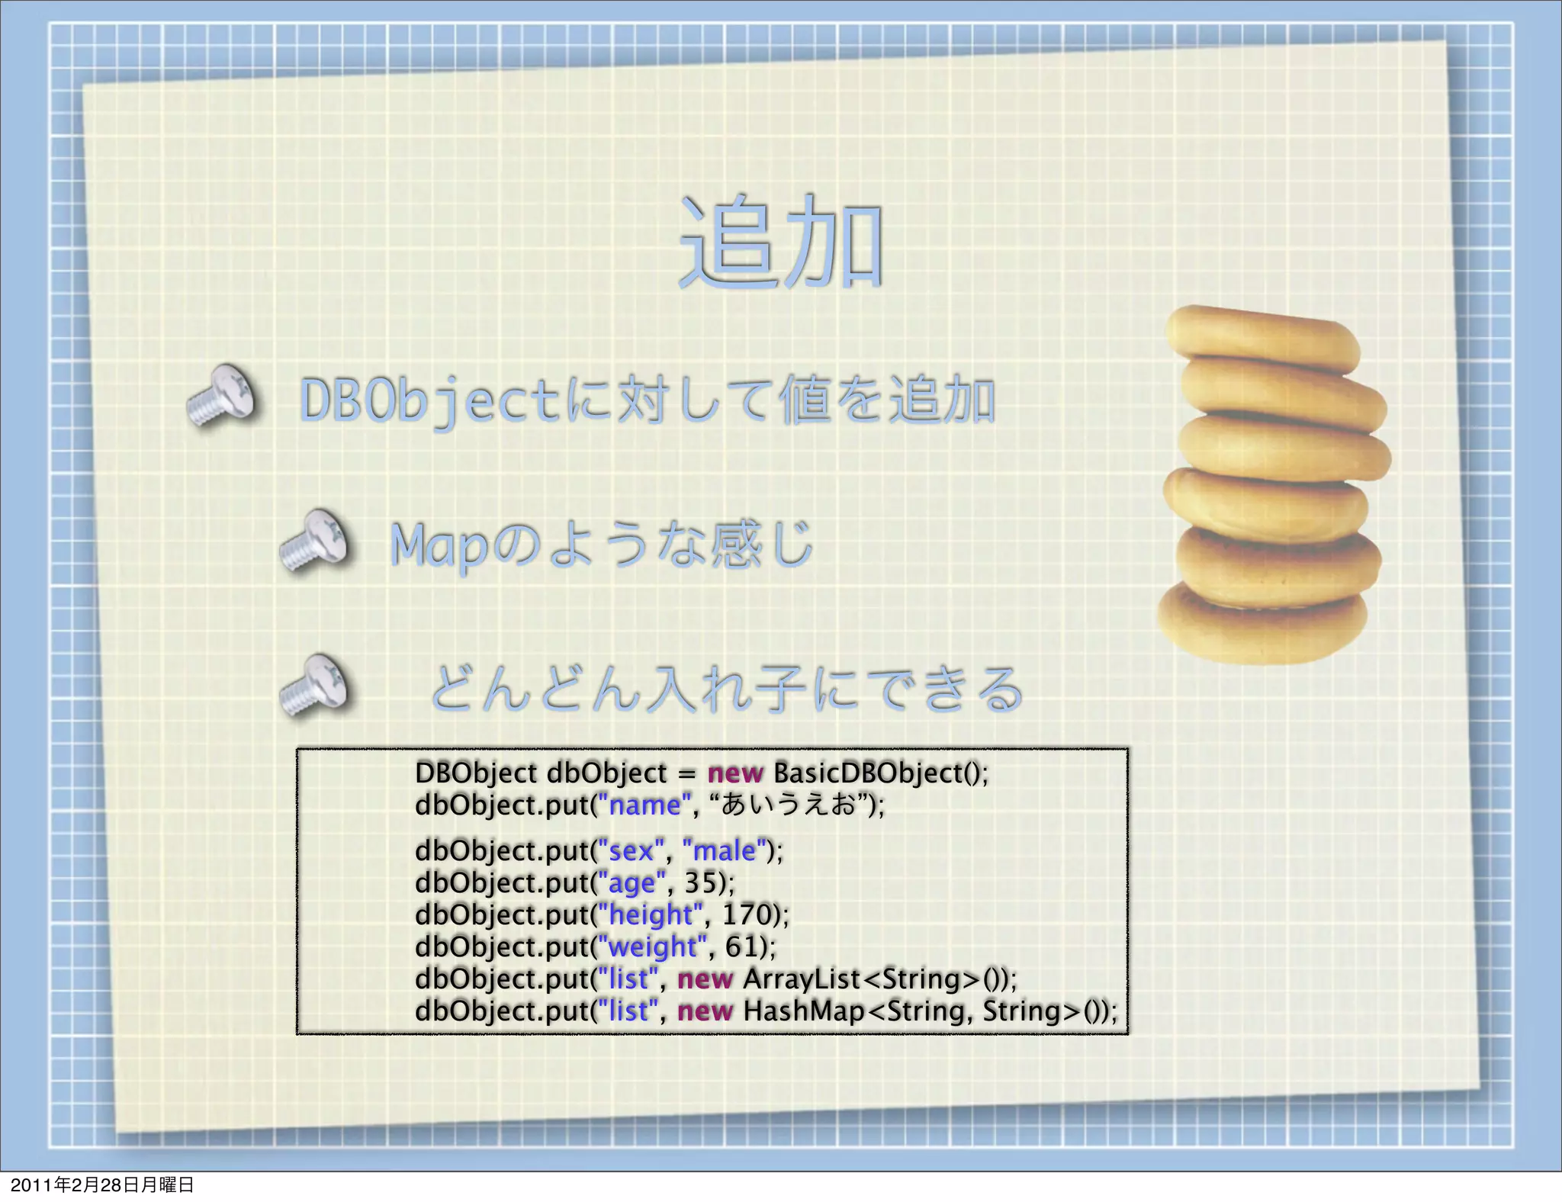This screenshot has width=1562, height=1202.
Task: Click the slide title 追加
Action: pos(780,242)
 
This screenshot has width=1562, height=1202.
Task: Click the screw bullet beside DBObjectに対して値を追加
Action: pos(223,395)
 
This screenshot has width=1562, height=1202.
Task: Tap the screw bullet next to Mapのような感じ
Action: pos(314,541)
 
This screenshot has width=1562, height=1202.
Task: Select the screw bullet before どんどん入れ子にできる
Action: pos(314,686)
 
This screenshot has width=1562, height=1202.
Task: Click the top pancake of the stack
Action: pos(1261,336)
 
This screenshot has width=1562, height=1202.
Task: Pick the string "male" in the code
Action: pos(724,850)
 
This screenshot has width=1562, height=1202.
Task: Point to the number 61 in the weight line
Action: pos(741,946)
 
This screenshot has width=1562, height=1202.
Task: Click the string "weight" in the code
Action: pos(652,946)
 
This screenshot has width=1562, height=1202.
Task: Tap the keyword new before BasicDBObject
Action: pos(734,773)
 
